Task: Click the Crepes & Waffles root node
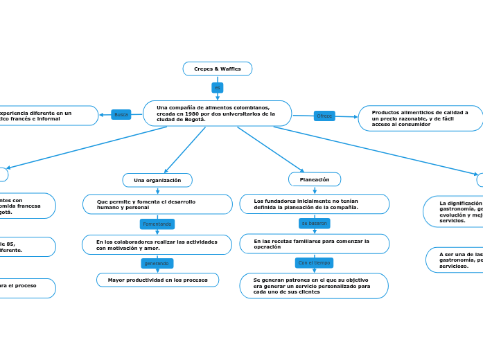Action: [217, 69]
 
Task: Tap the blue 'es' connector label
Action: [218, 88]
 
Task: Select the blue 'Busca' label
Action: [121, 114]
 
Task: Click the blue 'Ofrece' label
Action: [324, 116]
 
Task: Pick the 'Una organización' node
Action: [157, 180]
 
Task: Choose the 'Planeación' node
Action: [315, 179]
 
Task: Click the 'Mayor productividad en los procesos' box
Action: [157, 280]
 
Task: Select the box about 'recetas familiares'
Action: [314, 244]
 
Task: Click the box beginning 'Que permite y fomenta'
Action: [157, 204]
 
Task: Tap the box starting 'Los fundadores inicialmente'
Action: [314, 204]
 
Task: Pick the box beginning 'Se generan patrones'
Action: [314, 286]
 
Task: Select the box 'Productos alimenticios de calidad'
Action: [421, 118]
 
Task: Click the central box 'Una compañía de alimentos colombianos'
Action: [217, 114]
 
